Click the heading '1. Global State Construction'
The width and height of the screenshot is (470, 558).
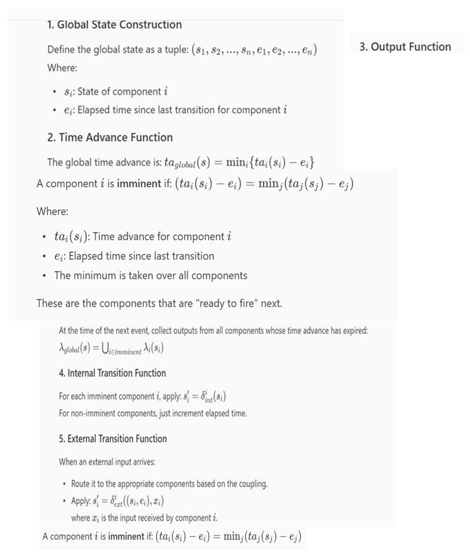tap(114, 25)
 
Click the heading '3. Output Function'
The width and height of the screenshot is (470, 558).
tap(405, 46)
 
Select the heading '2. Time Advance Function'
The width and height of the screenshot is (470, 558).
tap(110, 137)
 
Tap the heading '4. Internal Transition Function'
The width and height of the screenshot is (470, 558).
tap(112, 373)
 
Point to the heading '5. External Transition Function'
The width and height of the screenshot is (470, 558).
tap(113, 439)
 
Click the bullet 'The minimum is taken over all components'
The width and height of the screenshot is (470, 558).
tap(151, 275)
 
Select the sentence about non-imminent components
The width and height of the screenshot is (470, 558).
tap(153, 413)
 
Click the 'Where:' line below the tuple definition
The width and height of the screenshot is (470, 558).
tap(62, 67)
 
